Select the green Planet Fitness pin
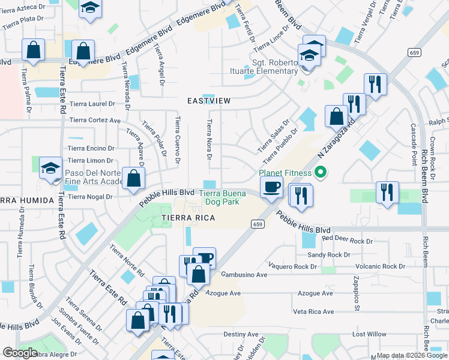coord(321,174)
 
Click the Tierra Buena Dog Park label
coord(220,197)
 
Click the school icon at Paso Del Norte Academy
coord(51,168)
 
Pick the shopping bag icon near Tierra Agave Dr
coord(134,178)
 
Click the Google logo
coord(20,353)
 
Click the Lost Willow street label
coord(369,334)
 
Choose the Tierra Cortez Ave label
coord(95,120)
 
